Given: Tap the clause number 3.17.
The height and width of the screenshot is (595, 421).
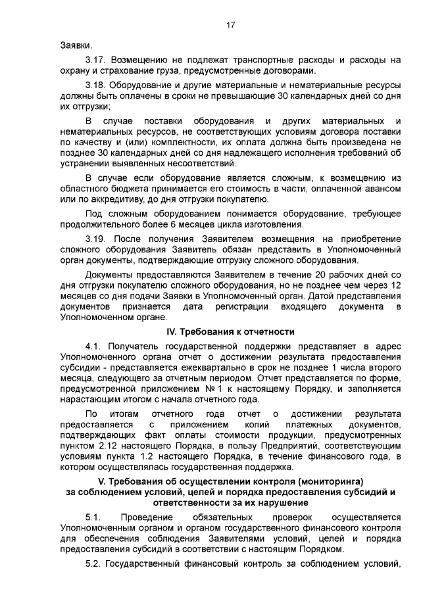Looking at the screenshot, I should (96, 60).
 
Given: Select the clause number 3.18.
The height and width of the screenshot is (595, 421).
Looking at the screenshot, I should (96, 85).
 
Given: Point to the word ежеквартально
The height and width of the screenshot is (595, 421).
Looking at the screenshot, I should (212, 369).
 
